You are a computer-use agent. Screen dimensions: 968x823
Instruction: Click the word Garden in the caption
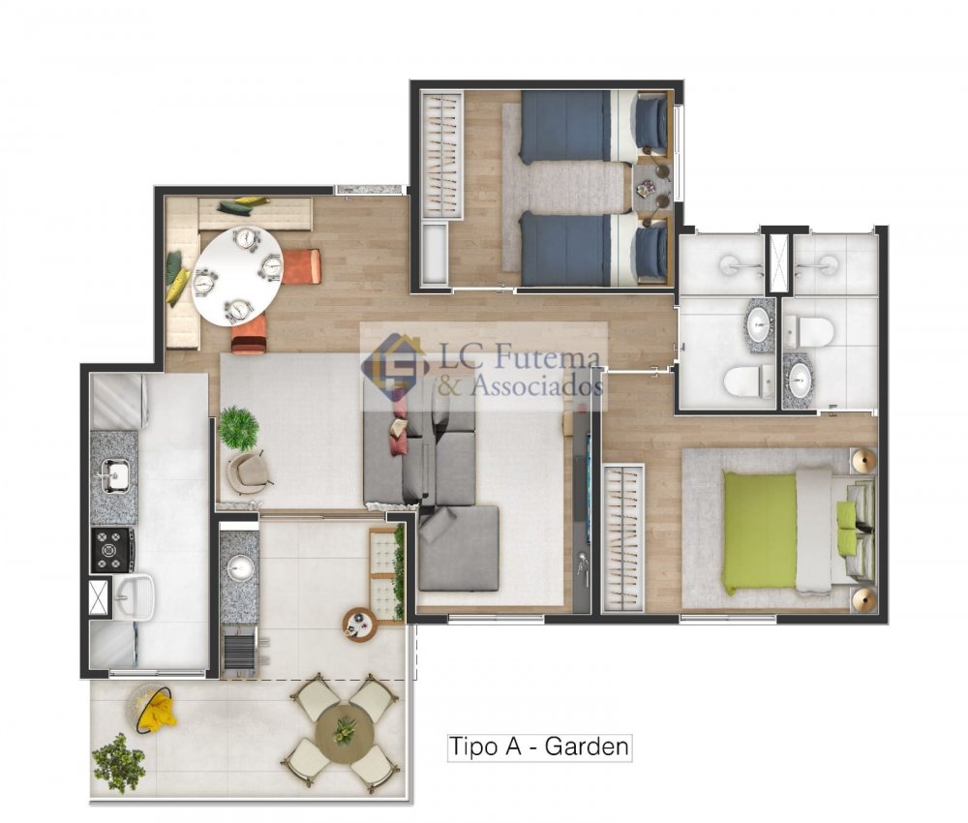tap(587, 746)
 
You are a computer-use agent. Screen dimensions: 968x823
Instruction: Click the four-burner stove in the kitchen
tap(113, 549)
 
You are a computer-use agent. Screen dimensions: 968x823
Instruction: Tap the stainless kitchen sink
tap(114, 476)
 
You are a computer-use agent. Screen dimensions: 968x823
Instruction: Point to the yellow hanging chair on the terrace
tap(151, 708)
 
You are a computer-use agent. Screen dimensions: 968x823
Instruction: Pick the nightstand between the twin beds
tap(652, 187)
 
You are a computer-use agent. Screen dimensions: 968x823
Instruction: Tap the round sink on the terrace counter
tap(241, 567)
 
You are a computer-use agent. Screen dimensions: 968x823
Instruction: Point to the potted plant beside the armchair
tap(238, 427)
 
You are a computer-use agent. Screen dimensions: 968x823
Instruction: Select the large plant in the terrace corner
tap(118, 763)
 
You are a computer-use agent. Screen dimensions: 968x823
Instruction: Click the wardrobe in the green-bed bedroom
tap(622, 537)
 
